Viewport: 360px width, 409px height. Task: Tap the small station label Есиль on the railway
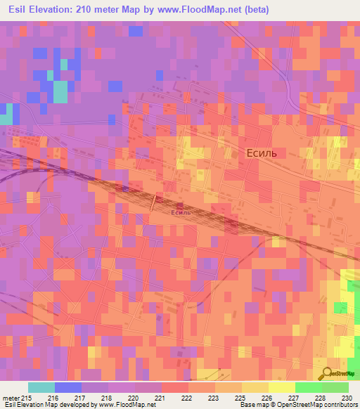pyautogui.click(x=181, y=212)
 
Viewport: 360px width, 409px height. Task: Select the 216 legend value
pyautogui.click(x=53, y=398)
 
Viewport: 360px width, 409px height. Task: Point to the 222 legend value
pyautogui.click(x=187, y=398)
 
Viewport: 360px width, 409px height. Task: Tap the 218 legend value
pyautogui.click(x=107, y=398)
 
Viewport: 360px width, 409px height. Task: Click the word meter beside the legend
pyautogui.click(x=11, y=398)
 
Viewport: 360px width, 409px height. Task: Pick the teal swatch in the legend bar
pyautogui.click(x=41, y=387)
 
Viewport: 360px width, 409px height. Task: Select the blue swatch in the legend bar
pyautogui.click(x=67, y=387)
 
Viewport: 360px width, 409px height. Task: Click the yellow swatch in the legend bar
pyautogui.click(x=281, y=387)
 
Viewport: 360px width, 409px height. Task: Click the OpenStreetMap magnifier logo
pyautogui.click(x=325, y=373)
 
